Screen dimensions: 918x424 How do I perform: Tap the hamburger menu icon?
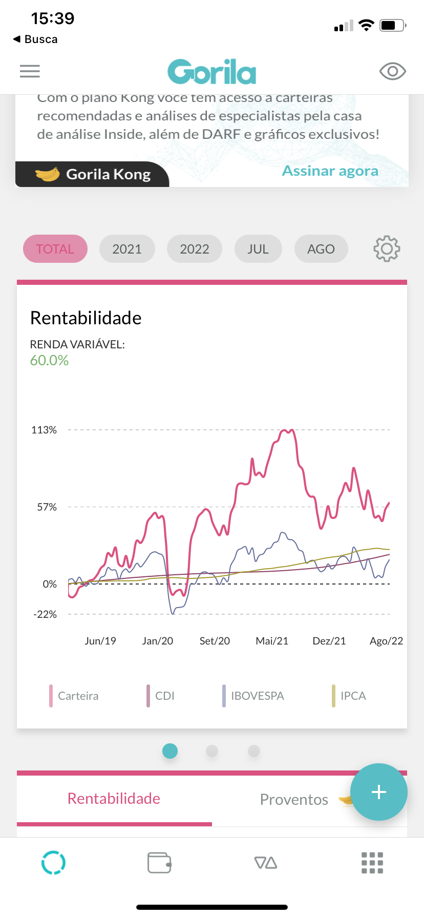tap(30, 71)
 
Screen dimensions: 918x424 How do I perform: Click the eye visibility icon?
tap(392, 71)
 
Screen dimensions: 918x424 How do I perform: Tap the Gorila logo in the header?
tap(211, 72)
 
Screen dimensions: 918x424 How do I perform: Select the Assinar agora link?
tap(330, 171)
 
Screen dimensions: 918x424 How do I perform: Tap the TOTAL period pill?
tap(55, 249)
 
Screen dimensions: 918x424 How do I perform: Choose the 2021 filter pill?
tap(127, 249)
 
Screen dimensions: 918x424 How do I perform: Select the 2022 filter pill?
tap(195, 249)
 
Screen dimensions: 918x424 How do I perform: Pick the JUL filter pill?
tap(258, 249)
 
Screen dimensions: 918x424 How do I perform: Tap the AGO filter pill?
tap(321, 249)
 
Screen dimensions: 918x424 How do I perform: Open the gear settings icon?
tap(387, 249)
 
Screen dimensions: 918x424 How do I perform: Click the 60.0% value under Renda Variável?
tap(49, 361)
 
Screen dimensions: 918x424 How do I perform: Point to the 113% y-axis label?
tap(44, 430)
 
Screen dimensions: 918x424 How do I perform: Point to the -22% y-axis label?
tap(45, 615)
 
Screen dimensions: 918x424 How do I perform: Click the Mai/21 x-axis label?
tap(272, 641)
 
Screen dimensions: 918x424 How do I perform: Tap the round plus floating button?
tap(379, 792)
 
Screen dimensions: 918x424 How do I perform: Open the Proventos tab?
tap(294, 799)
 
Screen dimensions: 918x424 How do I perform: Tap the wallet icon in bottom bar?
tap(159, 863)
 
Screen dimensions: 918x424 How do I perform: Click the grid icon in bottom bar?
tap(372, 863)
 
